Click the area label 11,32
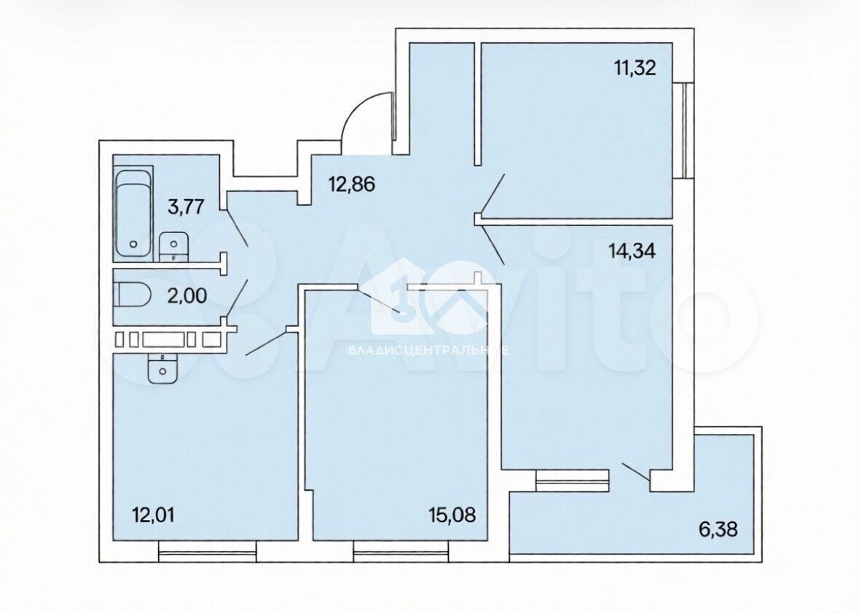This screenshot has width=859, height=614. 635,69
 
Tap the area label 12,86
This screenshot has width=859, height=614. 351,184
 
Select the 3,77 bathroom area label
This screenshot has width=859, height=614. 186,207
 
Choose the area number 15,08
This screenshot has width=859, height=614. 452,515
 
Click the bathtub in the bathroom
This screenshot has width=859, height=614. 133,214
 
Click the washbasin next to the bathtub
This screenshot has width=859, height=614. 174,246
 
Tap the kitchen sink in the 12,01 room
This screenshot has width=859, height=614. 162,368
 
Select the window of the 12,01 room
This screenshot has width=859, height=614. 208,551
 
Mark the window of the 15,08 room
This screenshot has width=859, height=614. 401,551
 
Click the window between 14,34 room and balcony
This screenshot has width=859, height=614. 573,481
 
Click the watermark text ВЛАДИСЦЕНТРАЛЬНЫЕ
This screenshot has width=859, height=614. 429,350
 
